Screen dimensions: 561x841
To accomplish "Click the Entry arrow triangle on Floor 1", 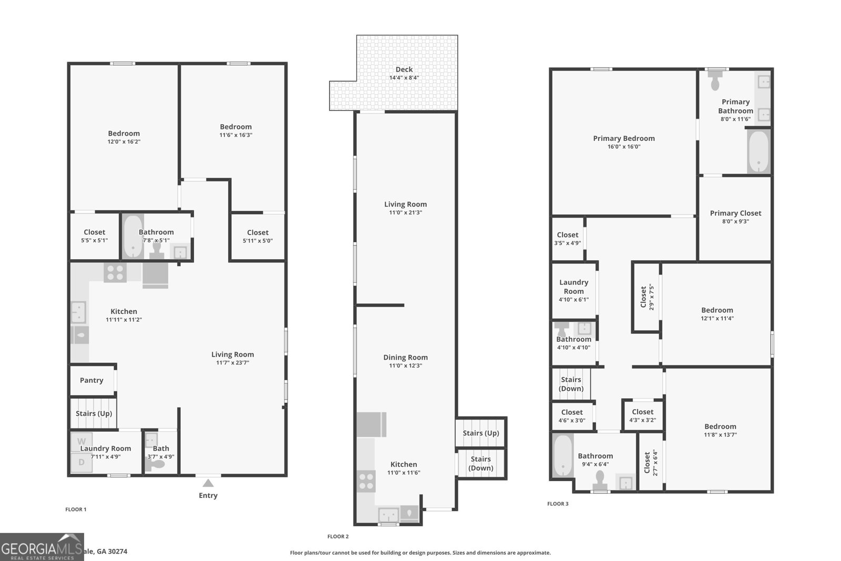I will (208, 483).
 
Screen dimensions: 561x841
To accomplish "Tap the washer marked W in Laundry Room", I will (81, 441).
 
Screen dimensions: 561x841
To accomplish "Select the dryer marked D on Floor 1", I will (81, 462).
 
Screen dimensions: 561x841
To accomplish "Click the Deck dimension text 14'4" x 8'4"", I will (404, 78).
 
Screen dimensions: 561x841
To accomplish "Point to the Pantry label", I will (91, 380).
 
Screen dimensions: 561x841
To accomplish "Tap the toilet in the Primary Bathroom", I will (715, 81).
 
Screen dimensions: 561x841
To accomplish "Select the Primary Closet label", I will (735, 213).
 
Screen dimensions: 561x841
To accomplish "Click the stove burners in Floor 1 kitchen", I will (115, 272).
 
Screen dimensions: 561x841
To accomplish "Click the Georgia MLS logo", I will (42, 547).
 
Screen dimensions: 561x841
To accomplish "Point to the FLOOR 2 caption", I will (338, 536).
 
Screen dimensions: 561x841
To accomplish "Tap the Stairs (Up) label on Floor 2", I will (480, 433).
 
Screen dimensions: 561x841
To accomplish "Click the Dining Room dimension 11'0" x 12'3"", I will (405, 365).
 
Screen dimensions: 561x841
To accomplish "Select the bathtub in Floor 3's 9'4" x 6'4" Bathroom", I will (562, 455).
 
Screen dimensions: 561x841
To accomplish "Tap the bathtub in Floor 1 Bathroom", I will (133, 237).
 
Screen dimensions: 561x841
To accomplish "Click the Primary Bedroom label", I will (624, 138).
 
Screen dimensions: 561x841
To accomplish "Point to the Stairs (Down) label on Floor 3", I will (571, 384).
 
